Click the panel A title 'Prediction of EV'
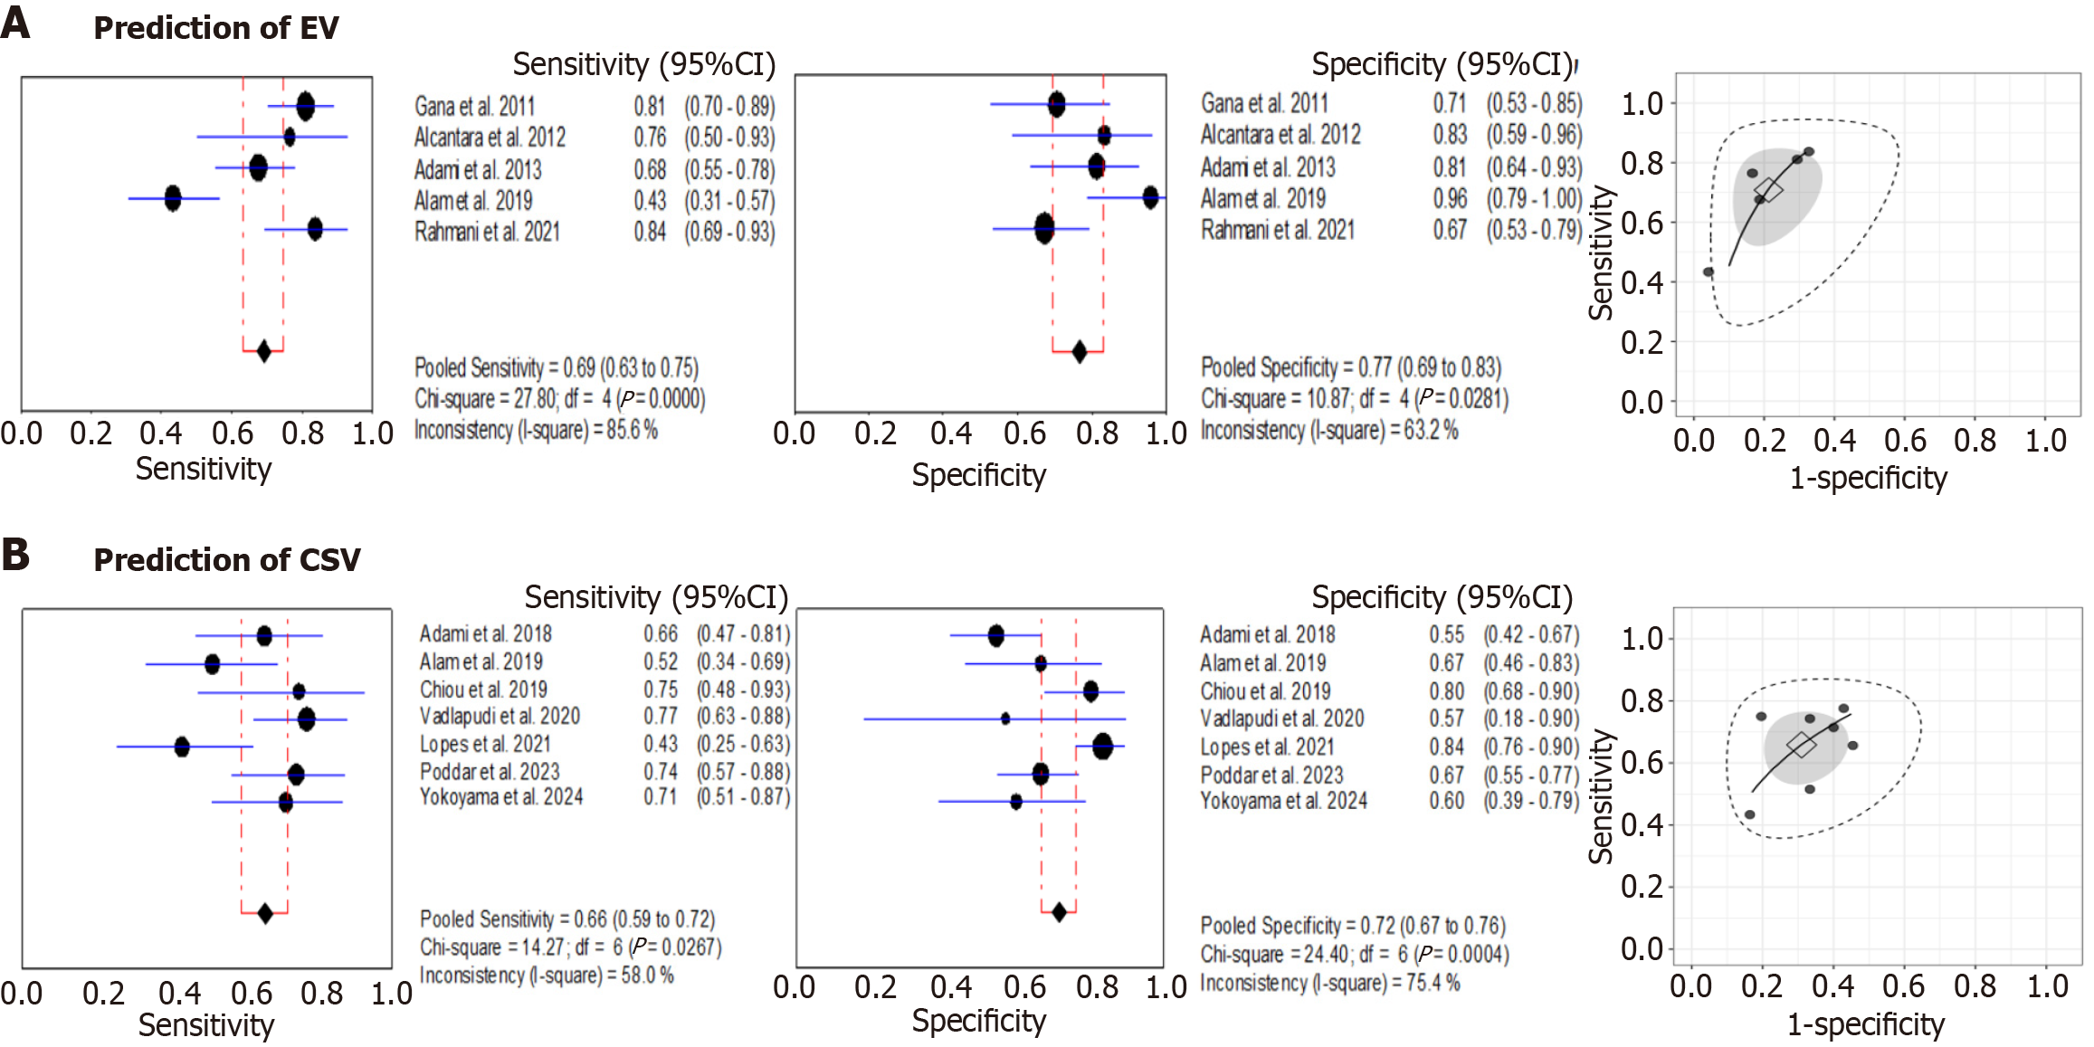point(215,28)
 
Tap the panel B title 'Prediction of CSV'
point(226,560)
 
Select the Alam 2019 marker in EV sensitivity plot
point(173,198)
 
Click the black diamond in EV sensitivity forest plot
point(263,351)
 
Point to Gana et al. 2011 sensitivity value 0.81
point(649,107)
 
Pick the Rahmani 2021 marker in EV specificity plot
point(1044,228)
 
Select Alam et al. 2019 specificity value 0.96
point(1449,198)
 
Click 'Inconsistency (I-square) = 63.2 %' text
point(1328,431)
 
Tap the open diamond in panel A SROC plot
point(1767,190)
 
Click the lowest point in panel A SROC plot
point(1709,271)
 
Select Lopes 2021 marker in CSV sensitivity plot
point(182,747)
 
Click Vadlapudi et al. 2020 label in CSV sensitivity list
point(500,717)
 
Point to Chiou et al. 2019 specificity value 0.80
point(1446,691)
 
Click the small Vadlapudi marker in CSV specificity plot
point(1005,719)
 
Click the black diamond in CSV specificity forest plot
point(1059,912)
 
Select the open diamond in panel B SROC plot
point(1802,746)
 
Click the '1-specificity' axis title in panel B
point(1865,1024)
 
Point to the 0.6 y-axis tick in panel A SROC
point(1642,223)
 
